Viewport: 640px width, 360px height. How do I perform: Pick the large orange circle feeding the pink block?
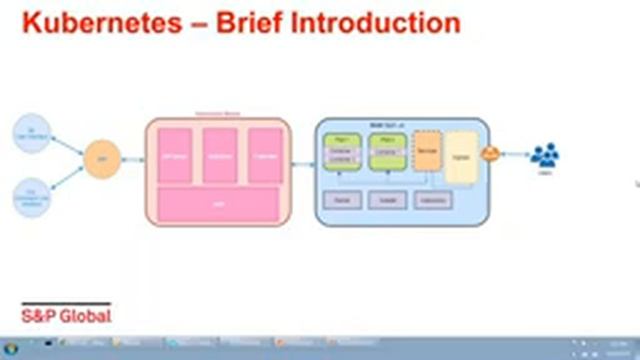click(x=101, y=160)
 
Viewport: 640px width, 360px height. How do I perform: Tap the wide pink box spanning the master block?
click(x=218, y=204)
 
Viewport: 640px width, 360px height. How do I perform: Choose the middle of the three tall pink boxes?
click(x=220, y=155)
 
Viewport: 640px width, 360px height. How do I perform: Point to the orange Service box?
click(x=427, y=155)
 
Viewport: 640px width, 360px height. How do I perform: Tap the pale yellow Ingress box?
click(x=460, y=157)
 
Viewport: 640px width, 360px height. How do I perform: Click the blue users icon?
click(x=545, y=156)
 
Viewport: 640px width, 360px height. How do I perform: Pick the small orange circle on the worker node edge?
click(x=491, y=154)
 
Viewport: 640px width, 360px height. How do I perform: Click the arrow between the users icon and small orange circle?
click(x=515, y=154)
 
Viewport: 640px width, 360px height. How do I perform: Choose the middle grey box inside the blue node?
click(x=387, y=200)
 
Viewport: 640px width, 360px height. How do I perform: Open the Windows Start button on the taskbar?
click(x=11, y=351)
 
